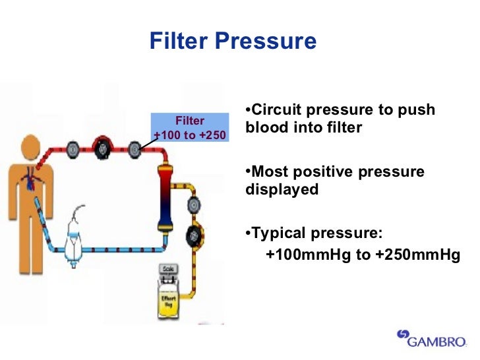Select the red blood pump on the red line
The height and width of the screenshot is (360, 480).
tap(102, 148)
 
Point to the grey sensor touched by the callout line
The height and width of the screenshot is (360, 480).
tap(135, 148)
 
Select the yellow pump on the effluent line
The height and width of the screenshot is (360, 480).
tap(195, 233)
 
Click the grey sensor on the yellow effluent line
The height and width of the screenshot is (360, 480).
tap(195, 206)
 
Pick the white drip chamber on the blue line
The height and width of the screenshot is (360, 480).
tap(76, 233)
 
